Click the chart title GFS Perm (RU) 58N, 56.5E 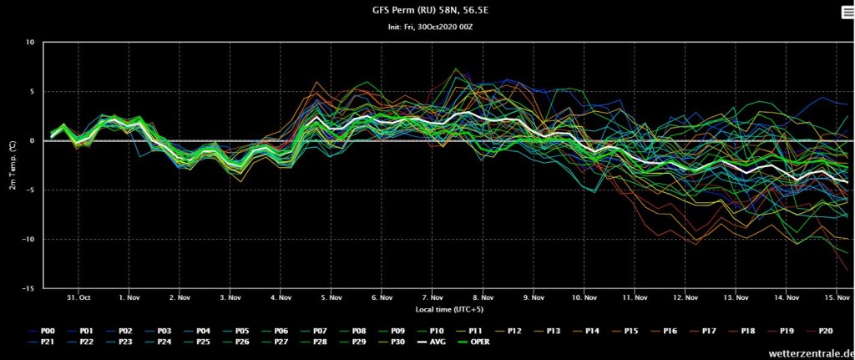click(x=427, y=9)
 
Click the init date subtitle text click(x=427, y=27)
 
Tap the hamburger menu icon click(x=848, y=13)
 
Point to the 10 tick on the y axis click(x=31, y=42)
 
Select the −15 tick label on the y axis click(x=29, y=288)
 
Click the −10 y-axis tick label click(x=29, y=240)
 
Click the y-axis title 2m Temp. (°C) click(x=12, y=165)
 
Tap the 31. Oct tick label click(x=78, y=298)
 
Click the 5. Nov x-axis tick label click(x=331, y=298)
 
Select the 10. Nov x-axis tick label click(x=584, y=298)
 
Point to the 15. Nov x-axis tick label click(x=837, y=298)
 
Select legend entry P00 click(x=42, y=330)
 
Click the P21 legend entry click(x=42, y=342)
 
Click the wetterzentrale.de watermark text click(x=812, y=353)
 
